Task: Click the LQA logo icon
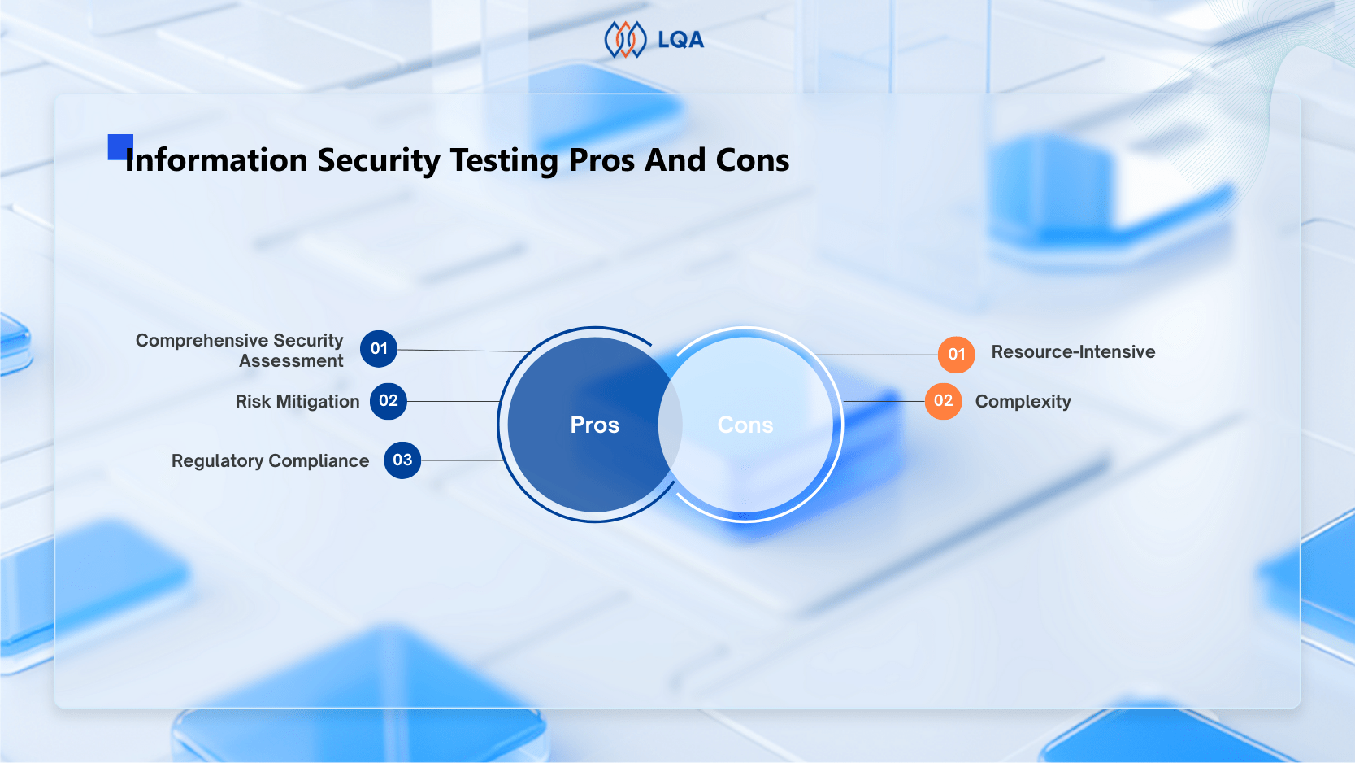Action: [x=625, y=40]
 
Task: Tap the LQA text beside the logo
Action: [x=680, y=40]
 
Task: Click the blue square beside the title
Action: [x=119, y=146]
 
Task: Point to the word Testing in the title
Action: [x=504, y=161]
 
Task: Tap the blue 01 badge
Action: [x=379, y=349]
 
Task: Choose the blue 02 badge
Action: [x=389, y=401]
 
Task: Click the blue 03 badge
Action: [x=402, y=460]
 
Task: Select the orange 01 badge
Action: [x=957, y=355]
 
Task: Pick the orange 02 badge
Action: [x=943, y=401]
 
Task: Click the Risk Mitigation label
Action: [x=297, y=402]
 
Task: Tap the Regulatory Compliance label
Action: [x=270, y=461]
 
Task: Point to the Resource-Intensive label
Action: [x=1073, y=352]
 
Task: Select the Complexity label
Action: [x=1023, y=402]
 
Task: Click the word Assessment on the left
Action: [x=291, y=361]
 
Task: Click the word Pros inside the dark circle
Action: [x=594, y=425]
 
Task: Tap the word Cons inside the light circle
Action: [x=745, y=425]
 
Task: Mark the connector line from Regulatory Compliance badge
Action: [x=462, y=460]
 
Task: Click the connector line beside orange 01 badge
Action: [x=878, y=355]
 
